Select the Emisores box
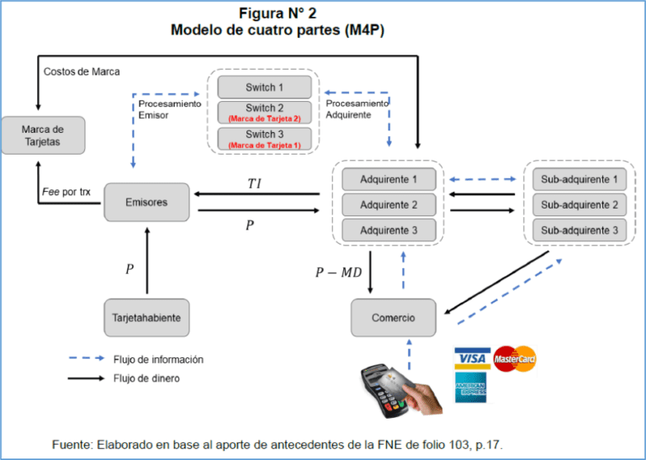coord(146,202)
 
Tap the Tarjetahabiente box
coord(146,319)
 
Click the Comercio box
coord(394,318)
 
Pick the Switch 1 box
coord(264,87)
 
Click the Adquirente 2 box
coord(389,204)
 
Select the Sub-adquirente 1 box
coord(579,179)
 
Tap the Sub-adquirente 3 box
coord(579,230)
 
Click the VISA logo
coord(472,359)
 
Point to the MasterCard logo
coord(515,359)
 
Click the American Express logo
coord(472,389)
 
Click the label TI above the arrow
coord(254,183)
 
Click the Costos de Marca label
coord(81,71)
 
